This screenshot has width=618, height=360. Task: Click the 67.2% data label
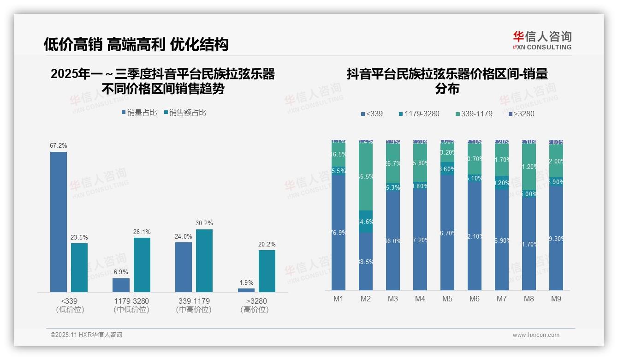[x=59, y=146]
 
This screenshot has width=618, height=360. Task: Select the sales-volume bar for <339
[x=59, y=222]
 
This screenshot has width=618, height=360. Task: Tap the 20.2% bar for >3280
[x=267, y=271]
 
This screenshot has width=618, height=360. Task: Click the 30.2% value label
[x=204, y=223]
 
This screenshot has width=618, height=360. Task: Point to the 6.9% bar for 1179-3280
[x=121, y=285]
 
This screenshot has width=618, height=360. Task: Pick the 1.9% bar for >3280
[x=246, y=290]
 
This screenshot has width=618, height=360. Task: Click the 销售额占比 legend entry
[x=185, y=113]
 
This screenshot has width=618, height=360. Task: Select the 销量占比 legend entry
[x=139, y=113]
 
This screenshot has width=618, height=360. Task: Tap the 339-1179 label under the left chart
[x=194, y=301]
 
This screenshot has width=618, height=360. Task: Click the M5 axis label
[x=447, y=299]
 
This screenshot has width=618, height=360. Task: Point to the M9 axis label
[x=556, y=299]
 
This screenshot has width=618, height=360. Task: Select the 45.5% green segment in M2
[x=366, y=177]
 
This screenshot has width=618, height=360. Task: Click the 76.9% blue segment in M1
[x=339, y=232]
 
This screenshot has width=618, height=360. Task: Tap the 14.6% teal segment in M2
[x=366, y=222]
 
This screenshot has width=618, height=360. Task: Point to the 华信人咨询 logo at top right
[x=542, y=40]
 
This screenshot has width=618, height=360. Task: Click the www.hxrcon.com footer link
[x=536, y=335]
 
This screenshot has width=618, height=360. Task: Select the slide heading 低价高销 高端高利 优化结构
[x=136, y=44]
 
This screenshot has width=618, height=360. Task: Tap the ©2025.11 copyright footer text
[x=86, y=335]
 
